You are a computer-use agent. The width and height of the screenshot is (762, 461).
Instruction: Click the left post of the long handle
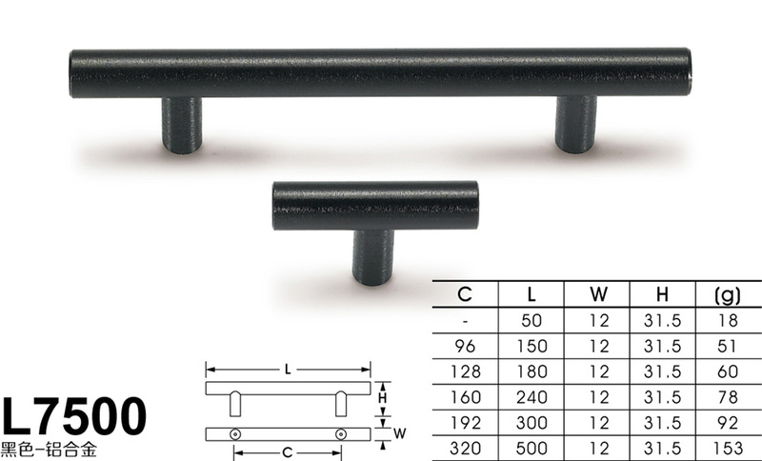tap(182, 126)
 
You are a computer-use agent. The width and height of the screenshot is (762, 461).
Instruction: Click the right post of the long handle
tap(576, 125)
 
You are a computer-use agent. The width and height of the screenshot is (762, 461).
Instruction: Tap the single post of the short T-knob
tap(372, 257)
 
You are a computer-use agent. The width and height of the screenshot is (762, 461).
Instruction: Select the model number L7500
tap(74, 416)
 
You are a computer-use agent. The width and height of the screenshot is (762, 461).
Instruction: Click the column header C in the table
tap(465, 294)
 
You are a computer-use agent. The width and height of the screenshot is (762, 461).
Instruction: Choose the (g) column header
tap(728, 294)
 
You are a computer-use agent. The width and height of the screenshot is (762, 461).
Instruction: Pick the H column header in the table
tap(662, 294)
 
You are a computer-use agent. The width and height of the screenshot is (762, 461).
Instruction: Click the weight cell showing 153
tap(728, 448)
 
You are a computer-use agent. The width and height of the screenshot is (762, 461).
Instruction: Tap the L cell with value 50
tap(531, 320)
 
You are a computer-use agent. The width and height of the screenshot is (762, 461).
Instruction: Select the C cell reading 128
tap(466, 371)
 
